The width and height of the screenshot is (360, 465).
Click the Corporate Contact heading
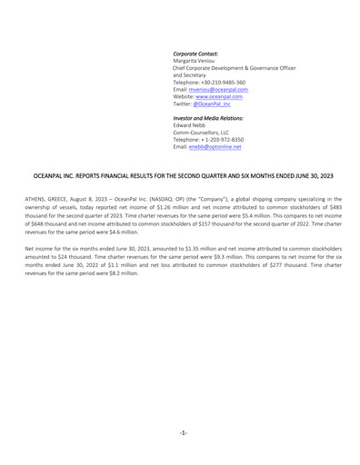click(x=195, y=54)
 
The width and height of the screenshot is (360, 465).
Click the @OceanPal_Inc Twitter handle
click(x=212, y=104)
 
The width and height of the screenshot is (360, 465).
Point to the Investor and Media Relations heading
click(x=205, y=119)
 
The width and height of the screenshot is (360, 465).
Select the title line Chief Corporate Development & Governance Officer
click(x=235, y=68)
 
